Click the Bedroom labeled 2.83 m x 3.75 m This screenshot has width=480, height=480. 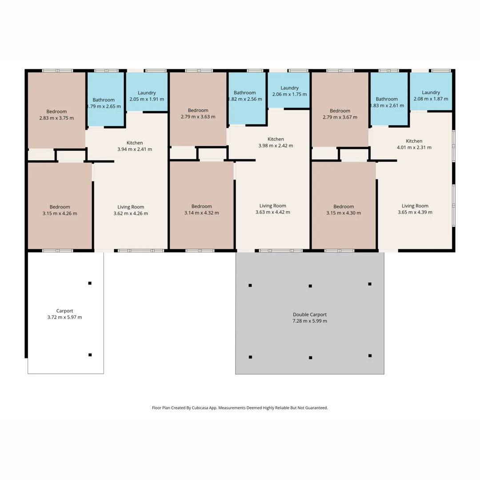(56, 115)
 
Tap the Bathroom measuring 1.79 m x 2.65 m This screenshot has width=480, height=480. (104, 103)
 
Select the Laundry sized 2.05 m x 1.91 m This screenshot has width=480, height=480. (147, 96)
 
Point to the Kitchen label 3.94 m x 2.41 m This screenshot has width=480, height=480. (135, 146)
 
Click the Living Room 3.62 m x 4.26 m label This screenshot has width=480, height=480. (131, 210)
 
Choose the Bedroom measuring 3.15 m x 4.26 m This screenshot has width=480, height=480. (60, 210)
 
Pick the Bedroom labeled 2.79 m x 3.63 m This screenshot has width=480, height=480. (198, 113)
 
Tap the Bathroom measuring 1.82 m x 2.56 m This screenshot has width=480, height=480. (245, 96)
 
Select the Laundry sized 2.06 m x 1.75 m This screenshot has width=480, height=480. (289, 91)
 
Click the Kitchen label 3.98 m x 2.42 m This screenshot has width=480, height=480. (276, 142)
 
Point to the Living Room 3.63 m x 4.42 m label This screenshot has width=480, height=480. (273, 209)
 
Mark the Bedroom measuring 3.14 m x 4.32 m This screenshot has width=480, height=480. (201, 209)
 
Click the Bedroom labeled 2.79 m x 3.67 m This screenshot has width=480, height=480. (340, 114)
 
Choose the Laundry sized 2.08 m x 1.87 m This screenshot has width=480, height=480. (431, 96)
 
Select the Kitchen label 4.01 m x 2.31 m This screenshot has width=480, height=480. (414, 144)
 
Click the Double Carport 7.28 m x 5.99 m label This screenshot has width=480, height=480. (310, 317)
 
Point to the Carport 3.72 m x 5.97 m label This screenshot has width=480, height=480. (64, 314)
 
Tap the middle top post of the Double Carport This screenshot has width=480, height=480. (310, 286)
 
